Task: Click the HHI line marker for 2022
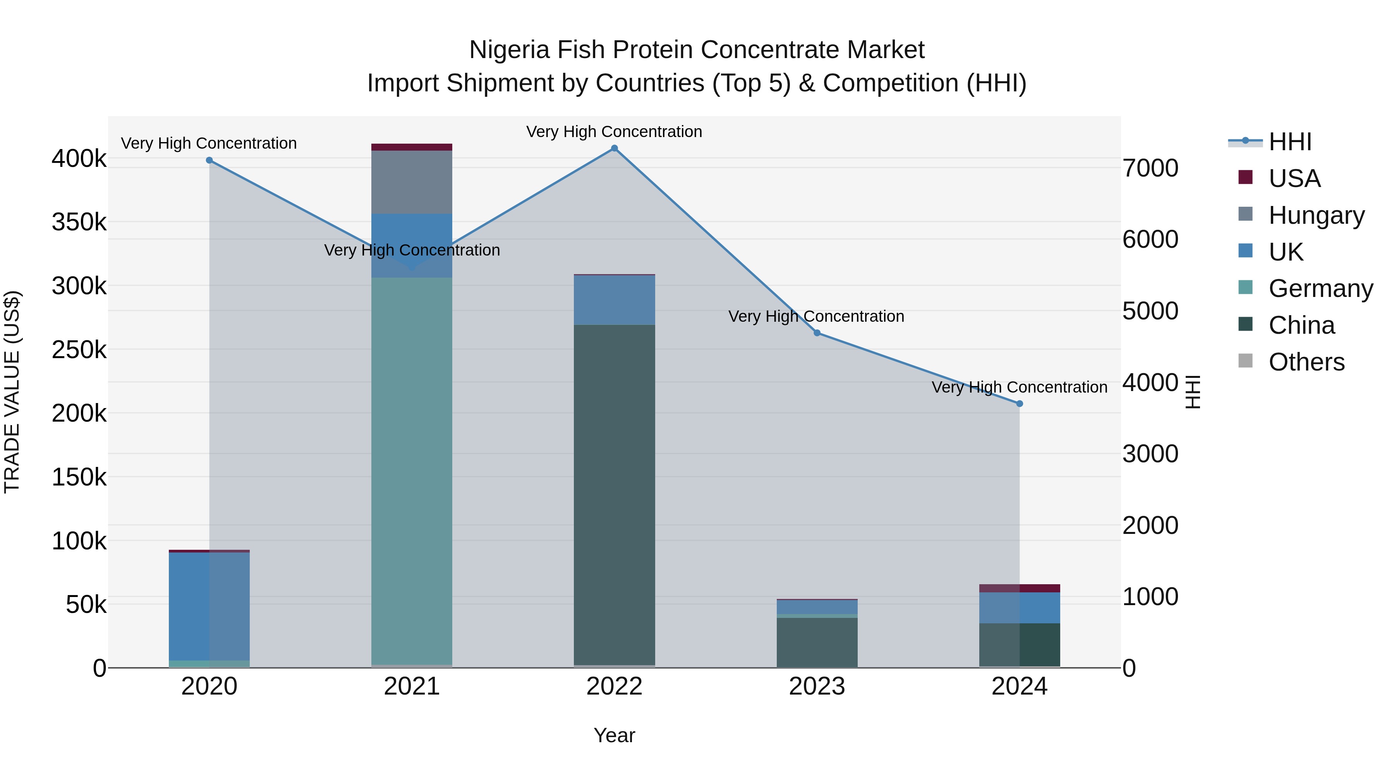click(x=614, y=148)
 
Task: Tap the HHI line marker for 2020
click(x=209, y=160)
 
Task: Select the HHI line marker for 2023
click(x=817, y=333)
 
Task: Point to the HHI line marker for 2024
click(x=1020, y=404)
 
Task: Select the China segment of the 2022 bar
click(x=614, y=495)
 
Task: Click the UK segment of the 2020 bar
click(x=209, y=606)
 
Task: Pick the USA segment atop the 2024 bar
click(x=1020, y=588)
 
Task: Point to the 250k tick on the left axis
click(x=79, y=350)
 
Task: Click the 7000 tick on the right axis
click(x=1150, y=168)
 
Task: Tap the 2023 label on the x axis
click(x=817, y=686)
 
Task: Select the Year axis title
click(x=614, y=735)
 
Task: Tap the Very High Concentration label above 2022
click(x=614, y=132)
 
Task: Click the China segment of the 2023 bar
click(x=817, y=642)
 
